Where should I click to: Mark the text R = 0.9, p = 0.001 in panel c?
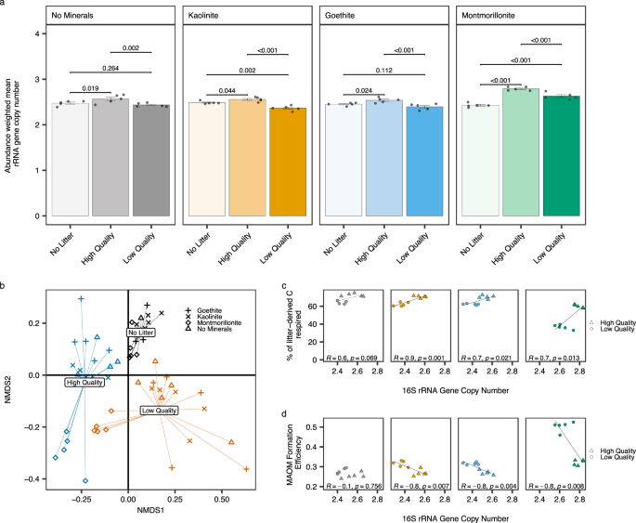pos(423,358)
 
